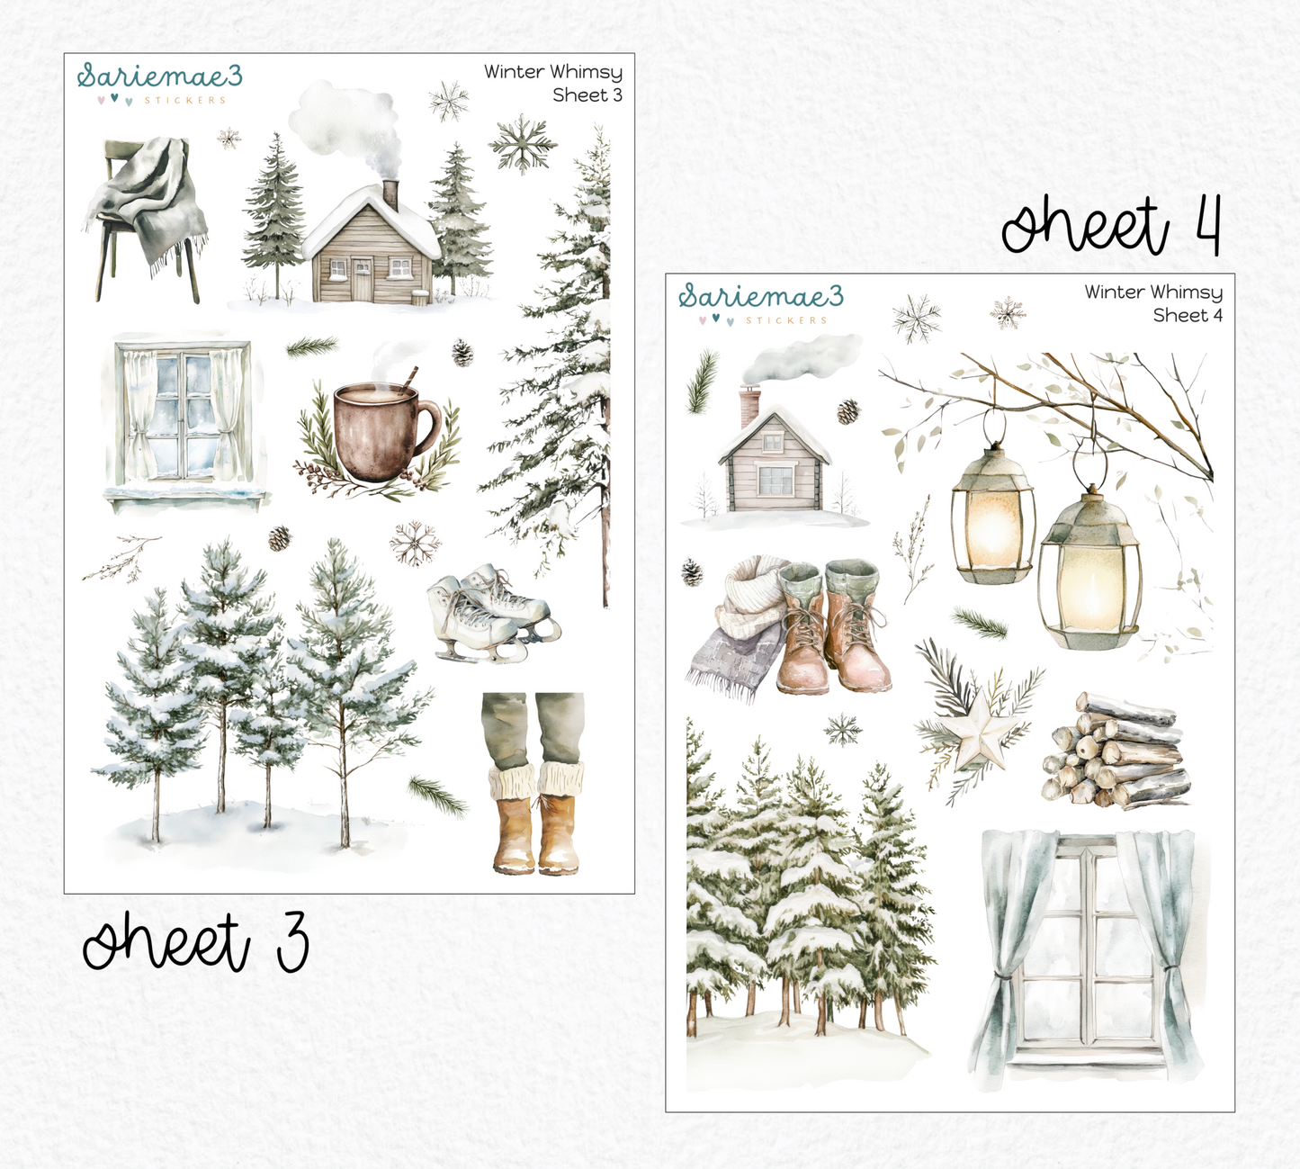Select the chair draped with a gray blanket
point(146,216)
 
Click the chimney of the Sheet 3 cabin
point(390,194)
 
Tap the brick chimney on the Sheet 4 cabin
point(749,408)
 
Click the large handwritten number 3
point(292,941)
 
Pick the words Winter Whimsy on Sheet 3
point(552,72)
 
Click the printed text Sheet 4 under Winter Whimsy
point(1187,315)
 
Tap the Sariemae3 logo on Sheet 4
point(760,297)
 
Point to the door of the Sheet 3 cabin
point(361,279)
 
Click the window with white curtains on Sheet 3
point(185,418)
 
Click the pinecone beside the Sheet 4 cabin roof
point(847,411)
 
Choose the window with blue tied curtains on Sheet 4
point(1087,949)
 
